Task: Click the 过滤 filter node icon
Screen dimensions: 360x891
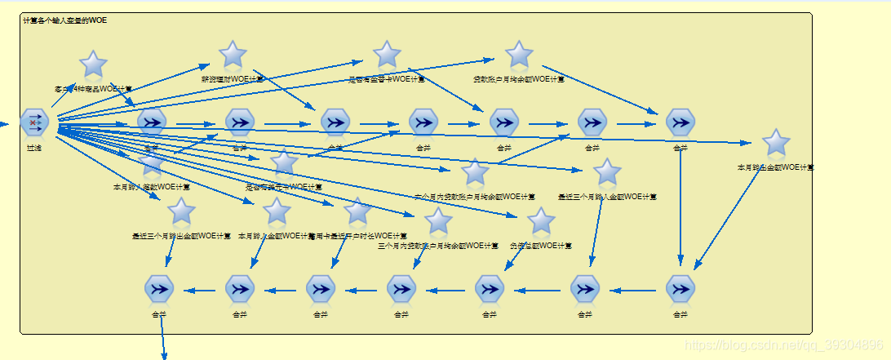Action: click(x=35, y=122)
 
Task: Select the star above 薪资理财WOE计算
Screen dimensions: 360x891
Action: click(x=233, y=55)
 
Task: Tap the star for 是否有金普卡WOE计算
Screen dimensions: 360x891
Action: click(x=387, y=56)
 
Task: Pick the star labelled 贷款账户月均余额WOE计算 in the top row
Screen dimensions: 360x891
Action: click(x=519, y=55)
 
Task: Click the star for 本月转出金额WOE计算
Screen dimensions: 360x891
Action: click(x=775, y=143)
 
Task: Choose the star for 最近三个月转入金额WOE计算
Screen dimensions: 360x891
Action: click(x=607, y=172)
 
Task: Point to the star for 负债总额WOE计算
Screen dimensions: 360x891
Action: click(x=540, y=221)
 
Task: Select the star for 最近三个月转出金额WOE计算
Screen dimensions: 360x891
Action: click(x=181, y=212)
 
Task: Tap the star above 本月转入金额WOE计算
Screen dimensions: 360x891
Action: click(x=277, y=211)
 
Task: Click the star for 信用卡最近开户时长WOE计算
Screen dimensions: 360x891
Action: click(x=357, y=211)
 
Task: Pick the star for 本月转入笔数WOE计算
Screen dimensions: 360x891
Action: click(x=152, y=162)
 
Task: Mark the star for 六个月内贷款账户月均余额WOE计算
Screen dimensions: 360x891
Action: click(x=474, y=172)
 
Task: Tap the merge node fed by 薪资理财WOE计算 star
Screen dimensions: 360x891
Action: click(x=335, y=122)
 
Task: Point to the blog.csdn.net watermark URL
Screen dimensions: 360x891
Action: click(x=782, y=345)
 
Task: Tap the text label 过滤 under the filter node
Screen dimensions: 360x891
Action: click(x=34, y=148)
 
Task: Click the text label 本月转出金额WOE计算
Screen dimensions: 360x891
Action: click(x=775, y=167)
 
